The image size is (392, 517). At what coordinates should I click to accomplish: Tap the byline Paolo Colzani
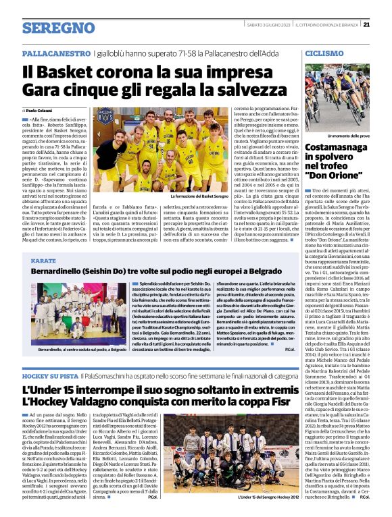coord(40,110)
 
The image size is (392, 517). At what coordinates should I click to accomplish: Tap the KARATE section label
coord(43,260)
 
